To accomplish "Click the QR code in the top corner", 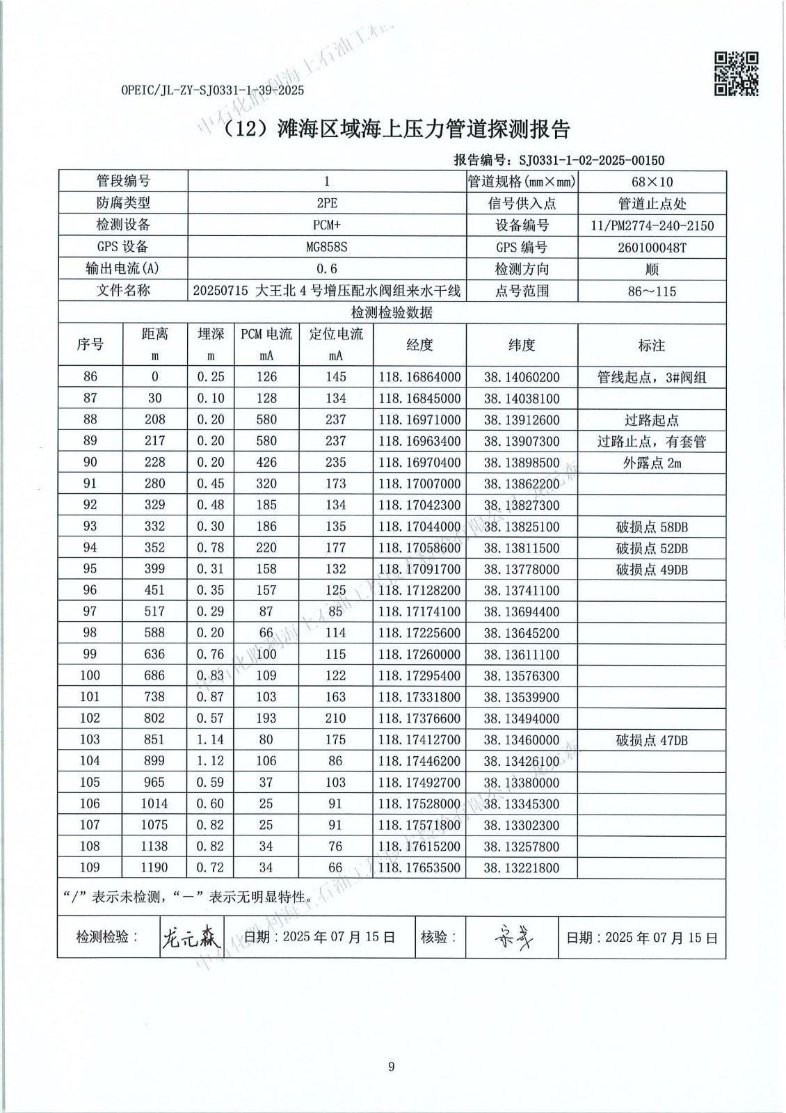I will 736,73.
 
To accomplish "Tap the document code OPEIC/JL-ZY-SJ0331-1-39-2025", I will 212,90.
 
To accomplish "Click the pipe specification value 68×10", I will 652,182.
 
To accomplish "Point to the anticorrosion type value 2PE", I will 327,204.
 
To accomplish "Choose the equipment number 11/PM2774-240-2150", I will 652,225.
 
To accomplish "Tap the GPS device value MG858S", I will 327,247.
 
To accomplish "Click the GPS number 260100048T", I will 652,247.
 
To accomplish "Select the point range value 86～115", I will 652,291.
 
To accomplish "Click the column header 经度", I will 419,345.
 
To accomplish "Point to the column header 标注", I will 652,345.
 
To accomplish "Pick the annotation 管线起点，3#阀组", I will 652,378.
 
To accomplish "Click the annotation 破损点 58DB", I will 652,527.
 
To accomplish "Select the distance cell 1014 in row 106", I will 154,804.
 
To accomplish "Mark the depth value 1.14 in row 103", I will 211,740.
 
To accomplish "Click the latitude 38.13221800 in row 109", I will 522,868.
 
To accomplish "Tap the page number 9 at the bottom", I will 392,1067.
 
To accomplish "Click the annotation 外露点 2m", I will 652,463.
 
